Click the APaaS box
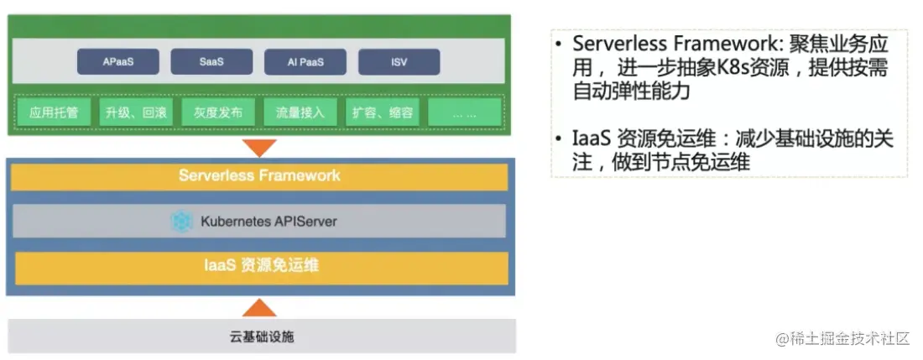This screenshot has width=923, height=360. click(118, 62)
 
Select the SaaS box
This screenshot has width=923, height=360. click(211, 62)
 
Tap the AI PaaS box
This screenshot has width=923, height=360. click(305, 62)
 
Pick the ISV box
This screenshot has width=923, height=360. click(399, 62)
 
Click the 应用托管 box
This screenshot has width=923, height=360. click(54, 112)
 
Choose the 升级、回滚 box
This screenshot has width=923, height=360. click(136, 112)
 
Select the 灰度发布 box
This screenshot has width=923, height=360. click(218, 112)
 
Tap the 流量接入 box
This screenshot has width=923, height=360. click(300, 112)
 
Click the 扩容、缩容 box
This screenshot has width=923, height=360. click(383, 112)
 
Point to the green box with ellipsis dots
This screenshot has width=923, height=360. click(464, 112)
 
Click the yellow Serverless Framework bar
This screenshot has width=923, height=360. click(259, 176)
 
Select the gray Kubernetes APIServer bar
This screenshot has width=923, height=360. click(259, 222)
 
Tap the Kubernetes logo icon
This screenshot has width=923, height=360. click(182, 222)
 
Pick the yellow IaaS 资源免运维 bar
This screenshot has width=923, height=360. click(261, 267)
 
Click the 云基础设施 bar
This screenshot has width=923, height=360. click(261, 337)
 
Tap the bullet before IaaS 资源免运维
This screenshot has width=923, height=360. click(560, 139)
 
